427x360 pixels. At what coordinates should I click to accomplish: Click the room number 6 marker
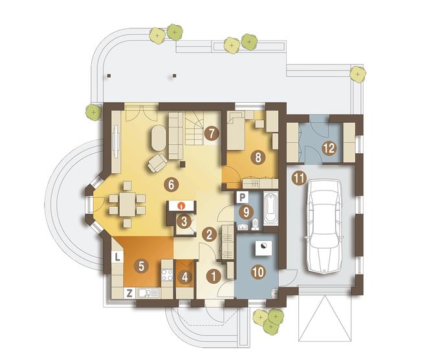point(171,185)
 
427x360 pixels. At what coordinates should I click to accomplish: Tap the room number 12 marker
point(329,148)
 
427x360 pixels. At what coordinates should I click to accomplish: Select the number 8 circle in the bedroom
point(258,158)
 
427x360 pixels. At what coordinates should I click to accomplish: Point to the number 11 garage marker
point(299,178)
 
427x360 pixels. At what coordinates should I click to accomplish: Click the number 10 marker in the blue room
point(258,272)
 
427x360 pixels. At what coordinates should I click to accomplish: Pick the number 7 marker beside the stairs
point(212,134)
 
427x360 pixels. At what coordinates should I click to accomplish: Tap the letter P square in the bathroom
point(243,197)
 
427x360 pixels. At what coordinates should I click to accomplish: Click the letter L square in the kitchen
point(117,257)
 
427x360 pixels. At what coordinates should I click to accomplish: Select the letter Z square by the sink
point(129,293)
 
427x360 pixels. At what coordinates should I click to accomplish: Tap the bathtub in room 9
point(270,208)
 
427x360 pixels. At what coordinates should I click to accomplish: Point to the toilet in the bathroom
point(256,224)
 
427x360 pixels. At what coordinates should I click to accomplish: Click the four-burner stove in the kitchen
point(167,275)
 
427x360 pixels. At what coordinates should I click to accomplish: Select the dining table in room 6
point(127,204)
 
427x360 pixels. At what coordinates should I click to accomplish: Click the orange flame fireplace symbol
point(181,206)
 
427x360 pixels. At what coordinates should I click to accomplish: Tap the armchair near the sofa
point(158,163)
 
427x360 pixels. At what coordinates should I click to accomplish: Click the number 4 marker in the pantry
point(185,277)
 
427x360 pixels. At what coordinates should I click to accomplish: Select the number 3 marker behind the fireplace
point(184,222)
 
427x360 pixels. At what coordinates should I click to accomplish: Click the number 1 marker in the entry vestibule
point(213,277)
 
